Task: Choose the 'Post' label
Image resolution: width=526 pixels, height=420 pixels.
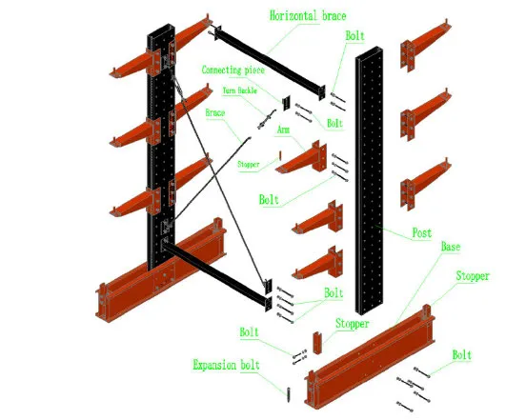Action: tap(420, 233)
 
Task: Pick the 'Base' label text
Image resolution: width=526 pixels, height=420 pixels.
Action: tap(452, 248)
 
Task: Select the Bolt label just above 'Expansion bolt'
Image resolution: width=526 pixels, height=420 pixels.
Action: tap(250, 332)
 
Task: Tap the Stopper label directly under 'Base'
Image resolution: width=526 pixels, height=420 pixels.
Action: tap(473, 276)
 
